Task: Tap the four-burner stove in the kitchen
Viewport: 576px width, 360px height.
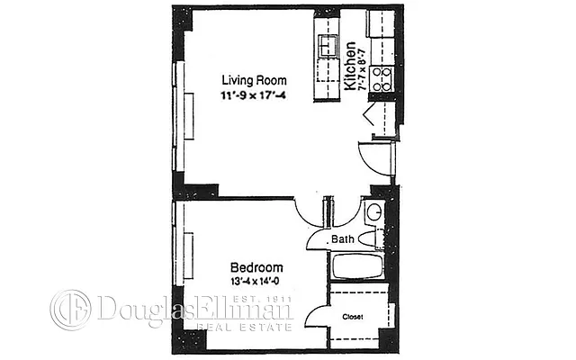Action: (x=382, y=79)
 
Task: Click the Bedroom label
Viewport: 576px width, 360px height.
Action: (x=256, y=267)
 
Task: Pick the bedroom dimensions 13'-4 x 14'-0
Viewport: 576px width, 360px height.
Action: (x=256, y=281)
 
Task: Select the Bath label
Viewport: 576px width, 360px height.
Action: (x=342, y=239)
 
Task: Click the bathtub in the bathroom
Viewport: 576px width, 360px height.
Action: (x=357, y=267)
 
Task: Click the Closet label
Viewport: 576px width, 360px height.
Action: (x=352, y=316)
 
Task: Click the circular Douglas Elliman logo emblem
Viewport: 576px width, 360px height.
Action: (x=70, y=309)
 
